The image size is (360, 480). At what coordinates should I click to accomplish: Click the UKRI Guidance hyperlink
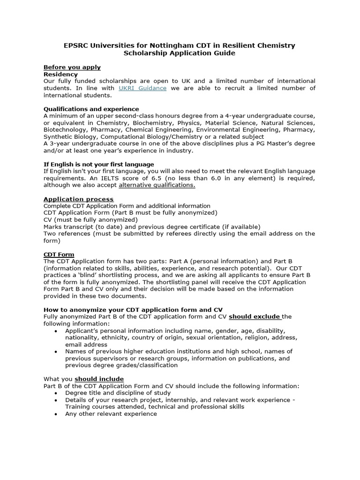(x=142, y=88)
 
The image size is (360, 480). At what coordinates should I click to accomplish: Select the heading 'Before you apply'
(x=72, y=67)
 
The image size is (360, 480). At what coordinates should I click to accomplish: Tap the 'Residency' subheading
(x=61, y=74)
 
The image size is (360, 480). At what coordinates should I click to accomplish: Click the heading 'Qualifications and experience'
(x=91, y=109)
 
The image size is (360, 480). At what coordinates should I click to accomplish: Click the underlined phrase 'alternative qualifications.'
(x=157, y=185)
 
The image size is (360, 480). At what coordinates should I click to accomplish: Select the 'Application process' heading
(x=79, y=199)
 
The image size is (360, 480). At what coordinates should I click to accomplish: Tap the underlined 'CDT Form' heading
(x=59, y=255)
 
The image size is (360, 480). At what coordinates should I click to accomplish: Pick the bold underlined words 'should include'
(x=99, y=379)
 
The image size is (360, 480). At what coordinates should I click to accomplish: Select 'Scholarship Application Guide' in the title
(x=180, y=53)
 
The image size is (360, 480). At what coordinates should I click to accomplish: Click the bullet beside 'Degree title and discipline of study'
(x=56, y=393)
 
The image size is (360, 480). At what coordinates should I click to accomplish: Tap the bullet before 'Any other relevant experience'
(x=56, y=414)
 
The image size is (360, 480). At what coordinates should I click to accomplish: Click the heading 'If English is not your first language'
(x=99, y=164)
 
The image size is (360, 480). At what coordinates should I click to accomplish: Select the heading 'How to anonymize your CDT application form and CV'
(x=133, y=310)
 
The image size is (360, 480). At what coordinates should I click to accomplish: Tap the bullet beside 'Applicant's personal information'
(x=56, y=331)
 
